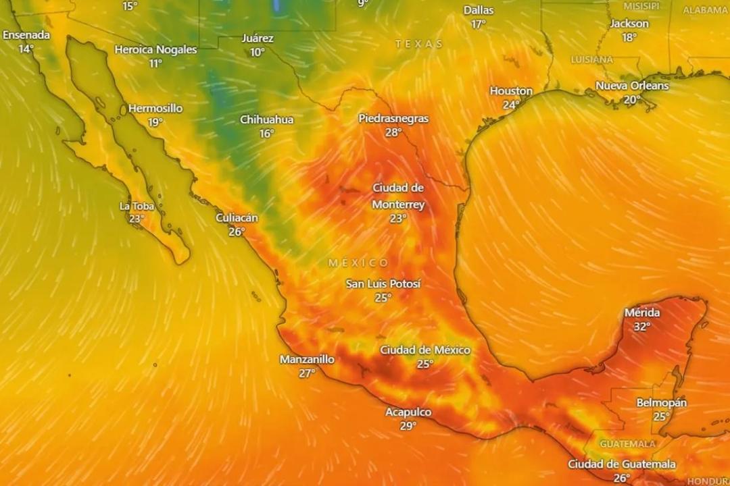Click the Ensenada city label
tap(26, 34)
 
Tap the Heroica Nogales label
tap(155, 49)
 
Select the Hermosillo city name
tap(155, 108)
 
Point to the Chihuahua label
tap(267, 119)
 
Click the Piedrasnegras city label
tap(393, 118)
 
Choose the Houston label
tap(511, 90)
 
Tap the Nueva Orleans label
tap(632, 86)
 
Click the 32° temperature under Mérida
tap(641, 327)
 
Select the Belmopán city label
tap(661, 402)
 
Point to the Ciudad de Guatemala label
tap(621, 464)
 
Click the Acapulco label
tap(408, 412)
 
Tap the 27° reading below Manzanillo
tap(307, 373)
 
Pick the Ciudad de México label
tap(424, 350)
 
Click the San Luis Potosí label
tap(383, 283)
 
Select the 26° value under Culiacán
tap(237, 232)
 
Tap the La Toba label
tap(137, 206)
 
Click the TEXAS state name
tap(419, 44)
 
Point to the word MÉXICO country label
tap(359, 263)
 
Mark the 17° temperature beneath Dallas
tap(479, 24)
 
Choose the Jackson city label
tap(629, 24)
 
